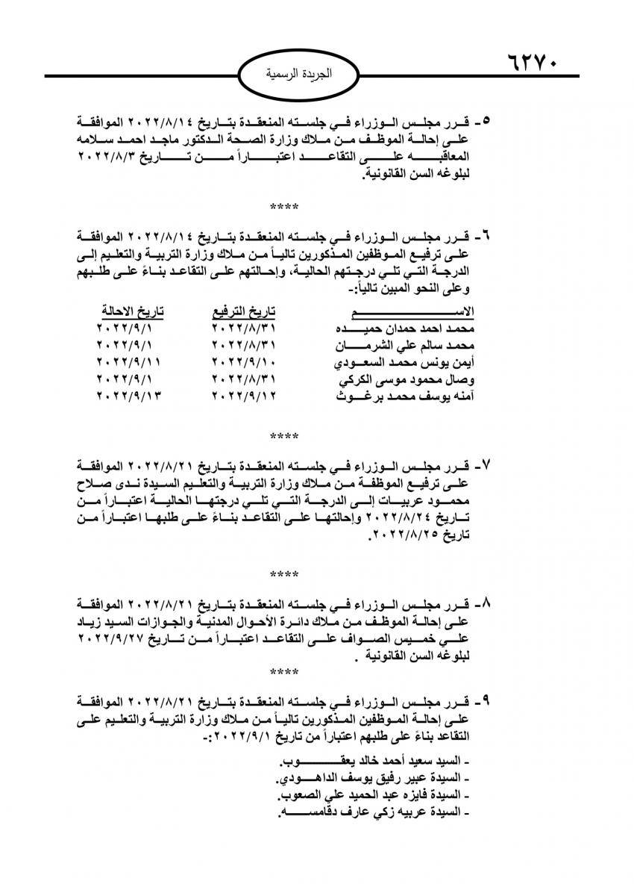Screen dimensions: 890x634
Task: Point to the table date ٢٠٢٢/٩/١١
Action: tap(130, 364)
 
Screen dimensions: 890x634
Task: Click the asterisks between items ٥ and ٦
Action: tap(284, 206)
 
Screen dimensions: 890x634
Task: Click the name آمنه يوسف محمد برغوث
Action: tap(407, 398)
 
